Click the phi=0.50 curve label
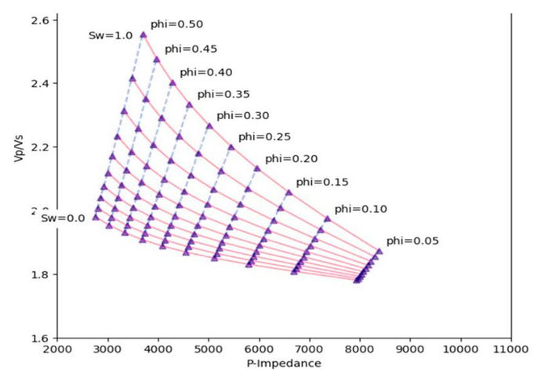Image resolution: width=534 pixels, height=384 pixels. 173,24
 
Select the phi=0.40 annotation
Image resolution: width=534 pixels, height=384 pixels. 206,72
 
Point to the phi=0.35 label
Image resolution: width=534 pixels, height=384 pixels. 223,94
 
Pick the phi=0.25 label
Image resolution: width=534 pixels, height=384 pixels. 264,136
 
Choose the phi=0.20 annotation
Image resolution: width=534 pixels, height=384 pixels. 291,158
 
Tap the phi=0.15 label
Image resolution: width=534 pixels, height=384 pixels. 322,182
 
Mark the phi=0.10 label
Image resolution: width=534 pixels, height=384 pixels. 361,209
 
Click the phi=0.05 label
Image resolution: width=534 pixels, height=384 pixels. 412,241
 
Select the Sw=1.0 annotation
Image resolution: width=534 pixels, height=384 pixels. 110,36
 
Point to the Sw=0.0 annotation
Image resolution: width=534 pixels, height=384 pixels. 64,219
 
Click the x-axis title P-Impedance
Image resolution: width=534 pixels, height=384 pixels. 283,364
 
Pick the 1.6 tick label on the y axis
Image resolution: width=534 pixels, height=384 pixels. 38,339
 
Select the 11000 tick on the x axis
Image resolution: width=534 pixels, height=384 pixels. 510,350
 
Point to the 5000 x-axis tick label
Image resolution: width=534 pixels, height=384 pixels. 208,350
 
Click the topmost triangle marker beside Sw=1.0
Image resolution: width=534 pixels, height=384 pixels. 143,34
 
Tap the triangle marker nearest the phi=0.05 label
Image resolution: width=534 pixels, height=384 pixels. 380,252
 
